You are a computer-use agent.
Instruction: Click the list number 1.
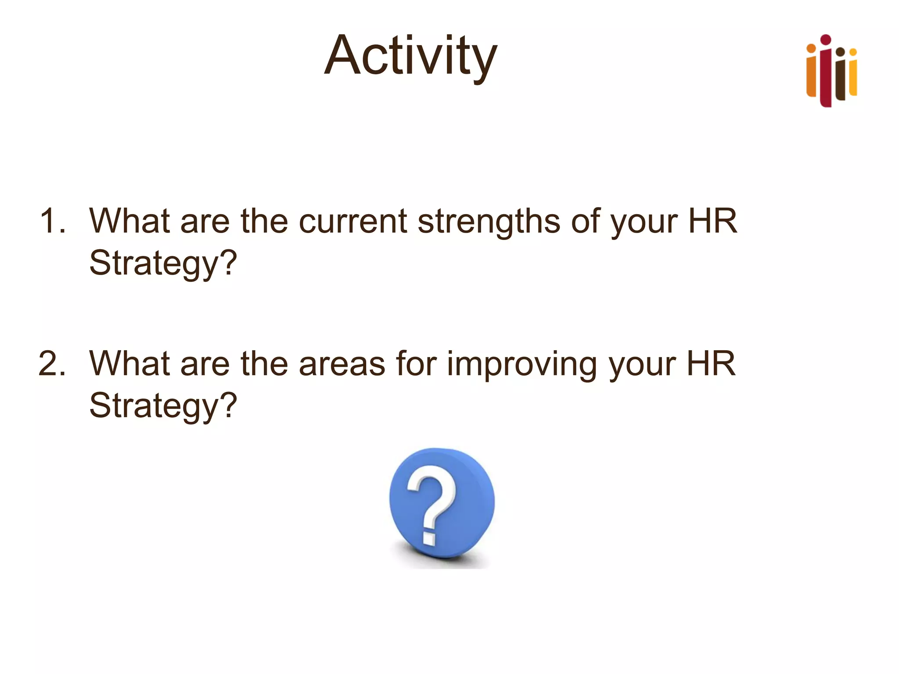(x=52, y=221)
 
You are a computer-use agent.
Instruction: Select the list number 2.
(x=52, y=363)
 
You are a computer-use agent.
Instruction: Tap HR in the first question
(x=712, y=221)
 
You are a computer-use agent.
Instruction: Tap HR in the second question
(x=711, y=363)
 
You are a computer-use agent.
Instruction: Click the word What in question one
(x=129, y=221)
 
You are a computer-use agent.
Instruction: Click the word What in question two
(x=129, y=363)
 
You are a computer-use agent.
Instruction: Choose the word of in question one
(x=585, y=221)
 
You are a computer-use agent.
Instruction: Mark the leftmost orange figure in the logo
(x=811, y=72)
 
